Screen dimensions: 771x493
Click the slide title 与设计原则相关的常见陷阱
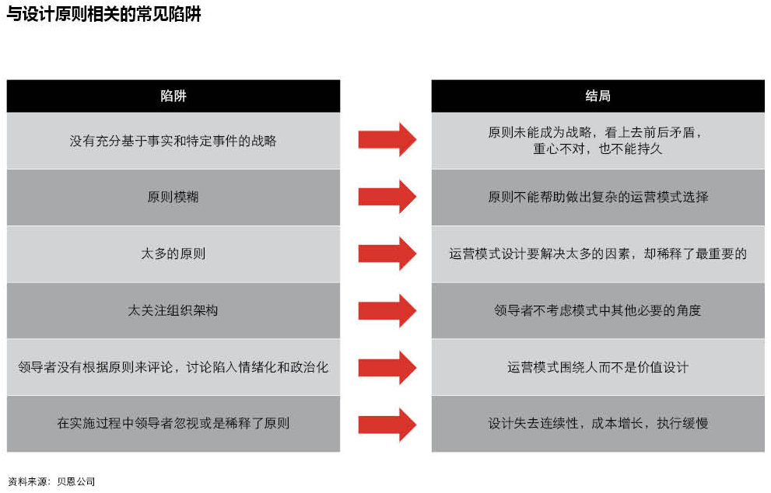(103, 14)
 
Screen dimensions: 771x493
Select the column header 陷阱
(173, 96)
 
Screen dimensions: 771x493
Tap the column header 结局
(598, 96)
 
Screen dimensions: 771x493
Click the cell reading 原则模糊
(173, 197)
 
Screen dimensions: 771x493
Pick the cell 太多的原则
(173, 253)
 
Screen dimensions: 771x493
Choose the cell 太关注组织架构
(173, 310)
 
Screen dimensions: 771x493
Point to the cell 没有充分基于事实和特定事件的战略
(173, 141)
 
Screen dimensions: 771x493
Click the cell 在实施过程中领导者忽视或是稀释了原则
(173, 423)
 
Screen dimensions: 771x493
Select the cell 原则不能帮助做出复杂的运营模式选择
(598, 197)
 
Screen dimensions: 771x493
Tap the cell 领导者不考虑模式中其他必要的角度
(598, 310)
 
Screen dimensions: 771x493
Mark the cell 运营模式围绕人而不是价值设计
(598, 367)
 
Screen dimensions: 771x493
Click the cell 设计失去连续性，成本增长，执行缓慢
(598, 423)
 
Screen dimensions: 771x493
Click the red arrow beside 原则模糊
(387, 197)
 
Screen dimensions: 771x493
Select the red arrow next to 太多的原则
(387, 253)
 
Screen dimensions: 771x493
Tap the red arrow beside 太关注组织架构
(387, 310)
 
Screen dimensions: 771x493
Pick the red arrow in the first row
(387, 140)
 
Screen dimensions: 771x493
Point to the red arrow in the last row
(387, 425)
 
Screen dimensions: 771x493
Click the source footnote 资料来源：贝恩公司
(51, 481)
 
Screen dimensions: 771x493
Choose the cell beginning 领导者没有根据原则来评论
(173, 367)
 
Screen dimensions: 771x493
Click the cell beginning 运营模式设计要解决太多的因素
(598, 253)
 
